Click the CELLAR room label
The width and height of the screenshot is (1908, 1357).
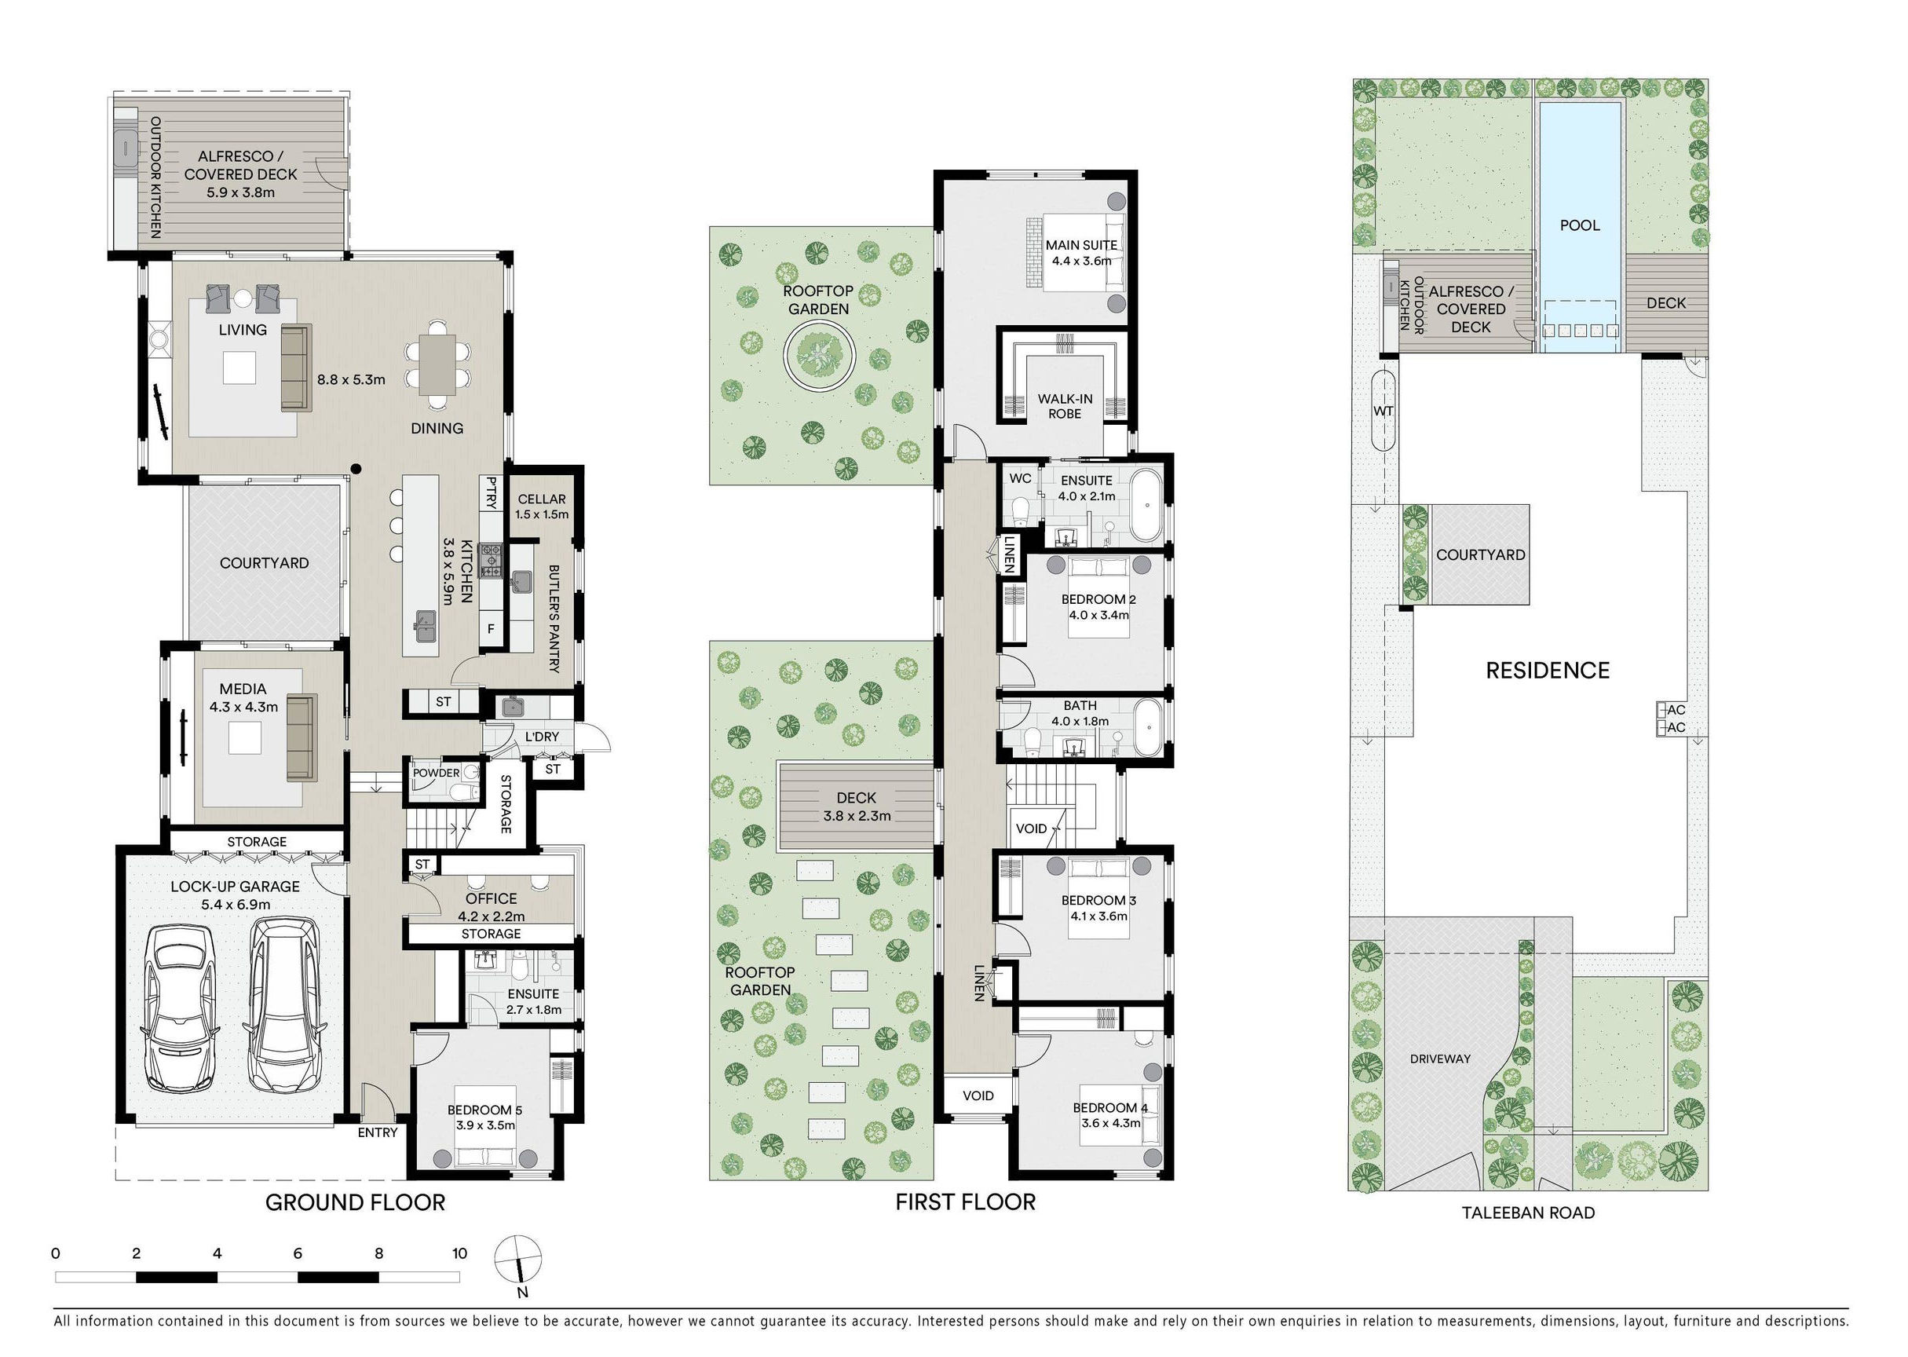[542, 499]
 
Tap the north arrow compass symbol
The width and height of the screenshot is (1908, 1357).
[518, 1260]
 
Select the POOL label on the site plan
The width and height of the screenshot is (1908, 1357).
[1580, 225]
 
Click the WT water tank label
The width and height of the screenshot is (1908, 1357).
[1383, 411]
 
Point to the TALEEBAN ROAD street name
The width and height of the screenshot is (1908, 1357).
[1528, 1213]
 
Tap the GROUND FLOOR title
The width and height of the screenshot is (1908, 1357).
[355, 1202]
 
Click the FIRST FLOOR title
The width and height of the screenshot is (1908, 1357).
[965, 1202]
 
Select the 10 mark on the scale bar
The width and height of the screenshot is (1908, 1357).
[459, 1253]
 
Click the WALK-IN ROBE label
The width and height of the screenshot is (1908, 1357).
[1065, 406]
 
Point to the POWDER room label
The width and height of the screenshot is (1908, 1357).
[436, 773]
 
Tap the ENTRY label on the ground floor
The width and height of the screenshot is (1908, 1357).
[378, 1132]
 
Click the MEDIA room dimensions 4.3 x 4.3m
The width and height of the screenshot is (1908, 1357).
[244, 707]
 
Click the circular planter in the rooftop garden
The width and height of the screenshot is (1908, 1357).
[819, 356]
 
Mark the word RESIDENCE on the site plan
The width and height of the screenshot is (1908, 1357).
[1547, 670]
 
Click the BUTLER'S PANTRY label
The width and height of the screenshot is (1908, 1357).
[553, 618]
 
